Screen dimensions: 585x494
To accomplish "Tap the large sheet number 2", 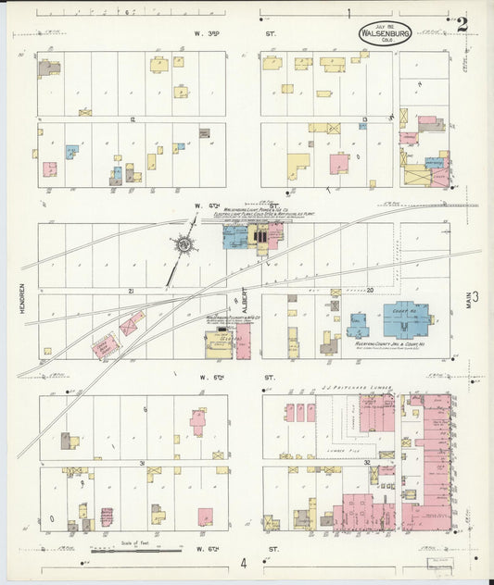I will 462,24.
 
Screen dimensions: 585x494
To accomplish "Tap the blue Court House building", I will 405,319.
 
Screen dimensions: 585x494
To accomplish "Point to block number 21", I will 133,291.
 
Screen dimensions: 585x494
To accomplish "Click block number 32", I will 368,462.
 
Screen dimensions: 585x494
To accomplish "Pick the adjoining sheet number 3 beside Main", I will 476,296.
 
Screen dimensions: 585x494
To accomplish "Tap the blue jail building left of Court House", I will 358,324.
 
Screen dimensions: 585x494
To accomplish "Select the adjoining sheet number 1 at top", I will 349,14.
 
